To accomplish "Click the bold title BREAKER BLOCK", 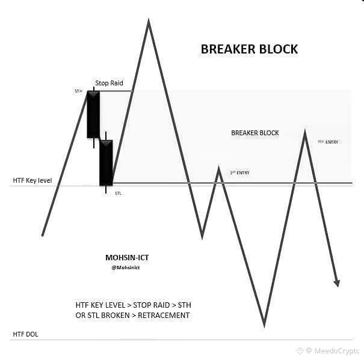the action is click(x=249, y=49).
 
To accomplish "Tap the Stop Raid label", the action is click(x=110, y=83).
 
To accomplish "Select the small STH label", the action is click(x=78, y=91).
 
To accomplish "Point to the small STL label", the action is click(x=118, y=194).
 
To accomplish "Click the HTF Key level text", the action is click(x=32, y=180).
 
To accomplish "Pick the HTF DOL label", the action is click(x=25, y=334).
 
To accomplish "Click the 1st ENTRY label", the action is click(x=239, y=173).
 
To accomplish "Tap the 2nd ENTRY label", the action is click(x=328, y=142).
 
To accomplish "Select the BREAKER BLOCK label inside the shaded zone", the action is click(x=255, y=133).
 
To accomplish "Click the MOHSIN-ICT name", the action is click(x=127, y=257).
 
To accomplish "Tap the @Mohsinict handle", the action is click(x=126, y=267).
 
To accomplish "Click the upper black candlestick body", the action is click(x=93, y=115).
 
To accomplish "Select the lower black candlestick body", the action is click(x=106, y=162).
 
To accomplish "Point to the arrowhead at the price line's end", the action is click(x=337, y=282).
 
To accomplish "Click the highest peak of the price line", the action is click(x=148, y=22).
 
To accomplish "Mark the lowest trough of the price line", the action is click(x=264, y=325).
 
